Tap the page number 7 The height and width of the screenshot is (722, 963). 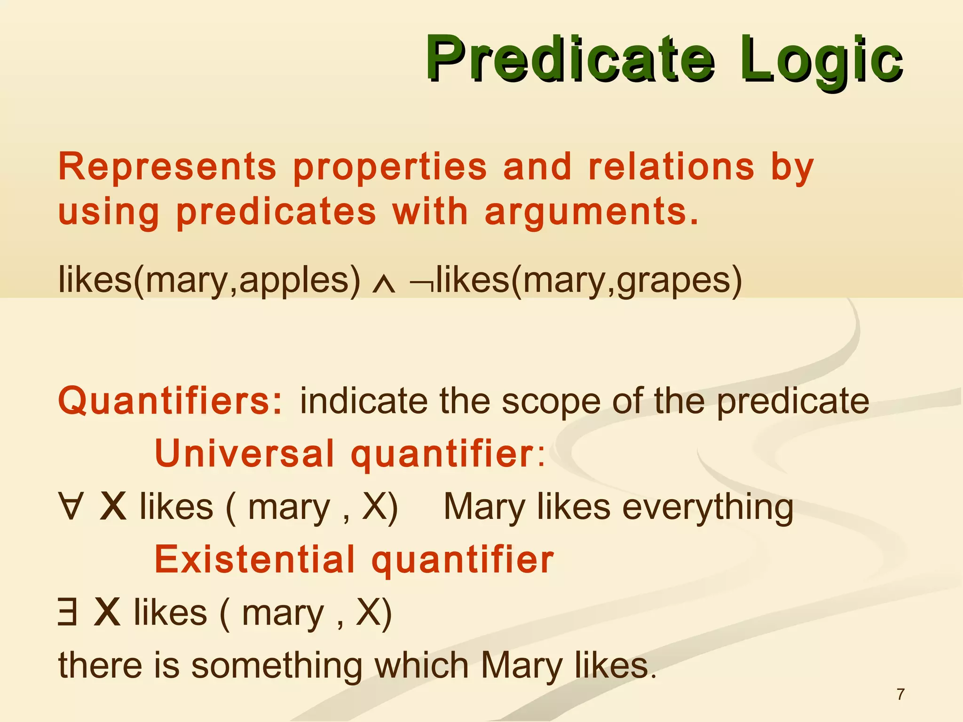(900, 694)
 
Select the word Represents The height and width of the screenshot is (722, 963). (167, 167)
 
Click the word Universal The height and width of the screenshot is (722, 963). (245, 454)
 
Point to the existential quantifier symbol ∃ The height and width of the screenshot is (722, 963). (67, 612)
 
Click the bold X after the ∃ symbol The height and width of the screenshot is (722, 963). (107, 612)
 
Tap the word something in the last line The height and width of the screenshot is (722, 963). (276, 666)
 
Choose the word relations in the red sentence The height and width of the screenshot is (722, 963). (671, 167)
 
